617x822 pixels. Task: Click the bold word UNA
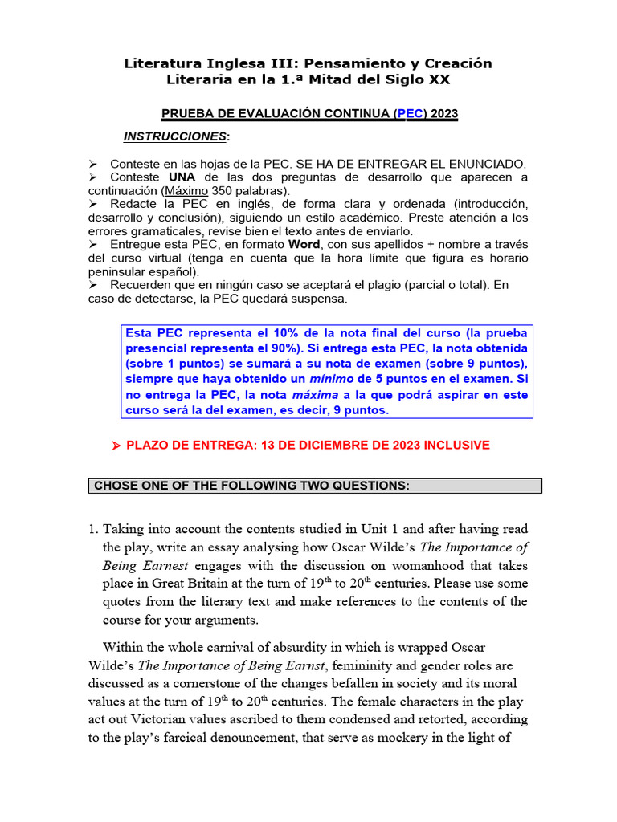(182, 177)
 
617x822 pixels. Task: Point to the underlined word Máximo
(187, 191)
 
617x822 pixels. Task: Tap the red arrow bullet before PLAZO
(115, 446)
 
